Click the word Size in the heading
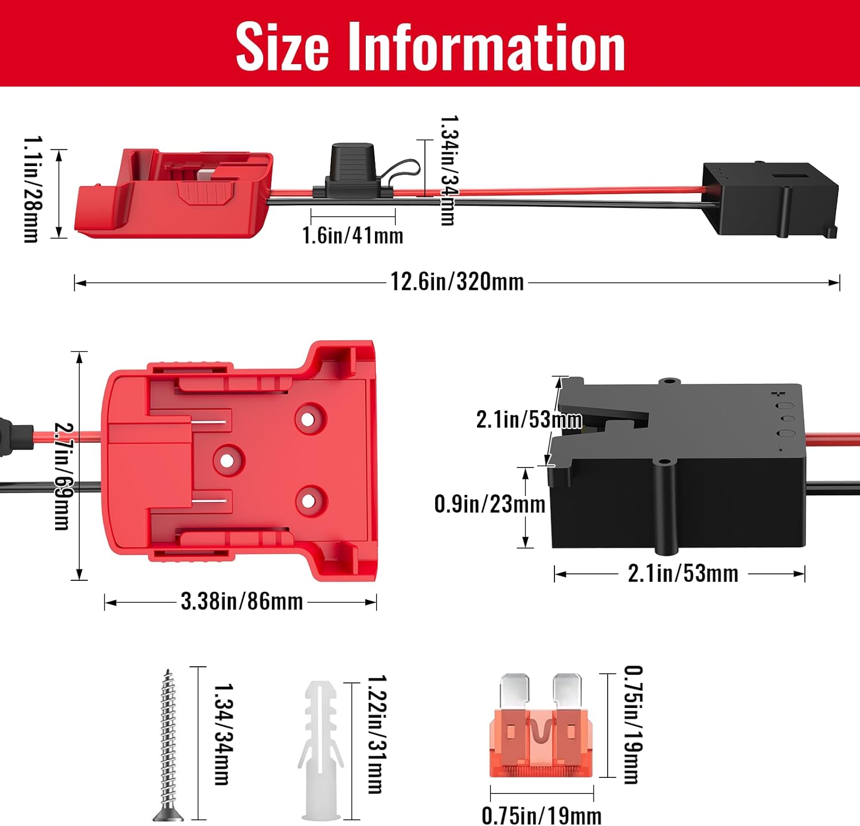click(282, 47)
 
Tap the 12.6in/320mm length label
click(457, 282)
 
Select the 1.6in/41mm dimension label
click(353, 235)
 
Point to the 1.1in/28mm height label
click(32, 189)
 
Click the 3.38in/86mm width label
click(241, 601)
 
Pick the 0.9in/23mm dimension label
click(490, 504)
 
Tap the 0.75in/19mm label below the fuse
click(541, 815)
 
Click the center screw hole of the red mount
click(228, 460)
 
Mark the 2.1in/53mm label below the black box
click(683, 573)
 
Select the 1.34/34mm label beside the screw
click(222, 734)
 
